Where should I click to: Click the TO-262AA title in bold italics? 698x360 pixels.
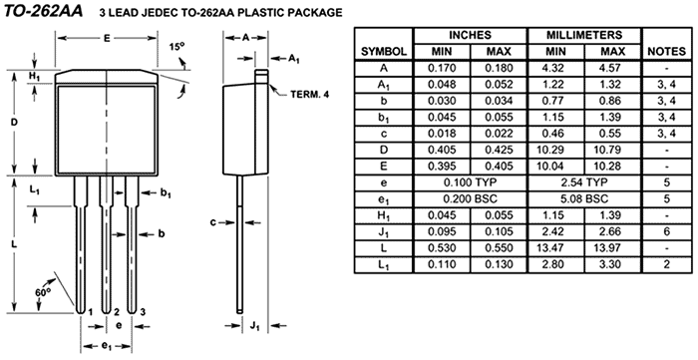pos(44,11)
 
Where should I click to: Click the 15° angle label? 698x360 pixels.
pos(176,46)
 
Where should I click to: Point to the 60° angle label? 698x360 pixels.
pos(43,292)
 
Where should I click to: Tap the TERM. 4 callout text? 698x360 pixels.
pos(310,95)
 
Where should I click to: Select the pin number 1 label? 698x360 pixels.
pos(90,311)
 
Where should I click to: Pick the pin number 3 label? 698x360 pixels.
pos(143,311)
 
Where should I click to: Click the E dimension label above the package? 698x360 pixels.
pos(107,38)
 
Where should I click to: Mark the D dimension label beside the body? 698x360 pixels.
pos(14,123)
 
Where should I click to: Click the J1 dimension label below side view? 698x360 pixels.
pos(255,326)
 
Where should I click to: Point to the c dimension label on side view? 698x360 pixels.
pos(213,222)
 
